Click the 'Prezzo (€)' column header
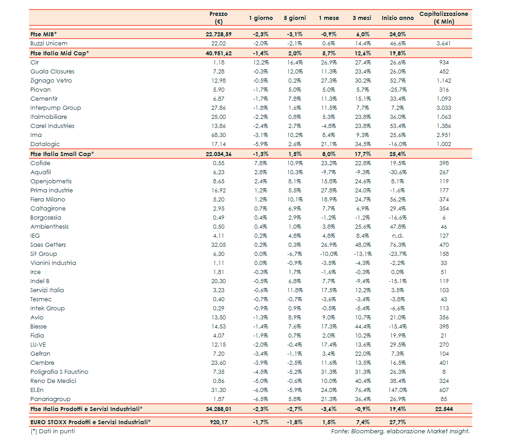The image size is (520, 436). point(219,18)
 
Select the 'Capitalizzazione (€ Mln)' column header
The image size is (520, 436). point(443,18)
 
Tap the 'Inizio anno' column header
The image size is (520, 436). point(398,18)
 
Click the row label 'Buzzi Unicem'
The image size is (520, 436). point(49,44)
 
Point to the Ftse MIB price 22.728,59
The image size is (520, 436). point(219,34)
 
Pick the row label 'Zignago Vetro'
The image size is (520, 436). point(51,81)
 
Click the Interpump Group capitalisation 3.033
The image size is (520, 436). point(444,108)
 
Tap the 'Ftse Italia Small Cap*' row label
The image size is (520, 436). point(62,154)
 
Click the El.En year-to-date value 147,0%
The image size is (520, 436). point(398,390)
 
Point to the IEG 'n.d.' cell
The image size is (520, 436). point(398,236)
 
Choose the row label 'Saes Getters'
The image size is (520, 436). point(48,245)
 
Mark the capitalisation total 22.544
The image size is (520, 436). point(444,409)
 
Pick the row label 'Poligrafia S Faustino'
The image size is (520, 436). point(59,372)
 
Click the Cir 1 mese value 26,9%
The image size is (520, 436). point(329,63)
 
